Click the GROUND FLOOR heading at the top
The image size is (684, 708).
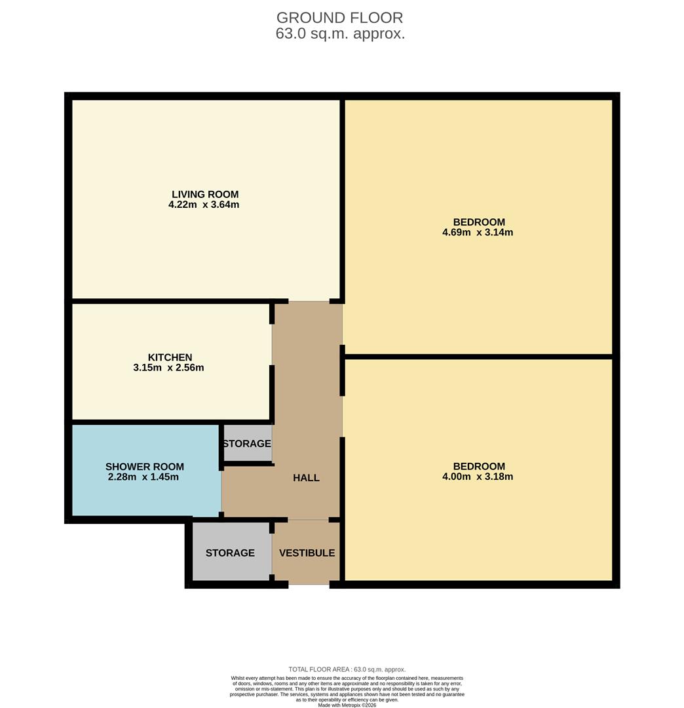339,18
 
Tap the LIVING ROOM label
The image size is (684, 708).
205,194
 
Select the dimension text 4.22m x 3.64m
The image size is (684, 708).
204,205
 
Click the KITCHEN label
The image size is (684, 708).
170,357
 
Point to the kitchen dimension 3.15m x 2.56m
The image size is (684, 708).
168,368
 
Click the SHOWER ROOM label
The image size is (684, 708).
144,467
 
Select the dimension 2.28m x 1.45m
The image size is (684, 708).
143,477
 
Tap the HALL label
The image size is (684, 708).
306,478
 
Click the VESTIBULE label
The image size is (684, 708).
307,553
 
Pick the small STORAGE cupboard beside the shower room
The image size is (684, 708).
247,444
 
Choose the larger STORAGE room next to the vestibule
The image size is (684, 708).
230,553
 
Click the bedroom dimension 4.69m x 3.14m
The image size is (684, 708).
478,232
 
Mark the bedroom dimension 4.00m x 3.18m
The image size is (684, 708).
478,477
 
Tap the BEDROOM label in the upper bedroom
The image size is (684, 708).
479,222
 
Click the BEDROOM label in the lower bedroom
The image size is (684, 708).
479,466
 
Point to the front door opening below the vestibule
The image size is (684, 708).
309,584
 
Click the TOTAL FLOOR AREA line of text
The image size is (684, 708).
347,669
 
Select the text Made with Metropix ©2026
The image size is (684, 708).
347,705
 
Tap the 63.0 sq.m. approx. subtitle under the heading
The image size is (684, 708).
340,34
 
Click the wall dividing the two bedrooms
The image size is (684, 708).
478,357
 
